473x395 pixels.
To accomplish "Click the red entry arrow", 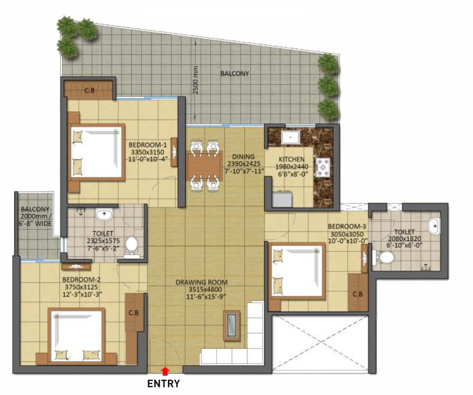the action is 165,371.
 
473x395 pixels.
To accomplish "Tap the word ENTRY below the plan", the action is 164,384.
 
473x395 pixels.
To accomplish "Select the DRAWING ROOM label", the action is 201,282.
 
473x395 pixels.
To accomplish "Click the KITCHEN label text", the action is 292,159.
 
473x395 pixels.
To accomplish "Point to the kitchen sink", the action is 291,138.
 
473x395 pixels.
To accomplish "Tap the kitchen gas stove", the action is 323,167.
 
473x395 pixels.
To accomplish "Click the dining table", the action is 204,166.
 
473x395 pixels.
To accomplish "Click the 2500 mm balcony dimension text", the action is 196,80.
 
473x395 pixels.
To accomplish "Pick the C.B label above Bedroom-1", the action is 90,90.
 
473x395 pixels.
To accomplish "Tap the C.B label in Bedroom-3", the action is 357,294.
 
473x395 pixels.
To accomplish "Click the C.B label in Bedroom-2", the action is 133,313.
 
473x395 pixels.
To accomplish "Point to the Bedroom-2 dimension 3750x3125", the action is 81,287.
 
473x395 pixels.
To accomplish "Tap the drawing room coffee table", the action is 232,325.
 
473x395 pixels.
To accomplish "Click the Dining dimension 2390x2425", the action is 244,164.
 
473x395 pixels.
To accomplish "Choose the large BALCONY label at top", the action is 235,73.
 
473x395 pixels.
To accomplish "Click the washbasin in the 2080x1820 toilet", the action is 433,226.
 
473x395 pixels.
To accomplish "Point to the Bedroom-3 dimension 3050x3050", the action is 347,234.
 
